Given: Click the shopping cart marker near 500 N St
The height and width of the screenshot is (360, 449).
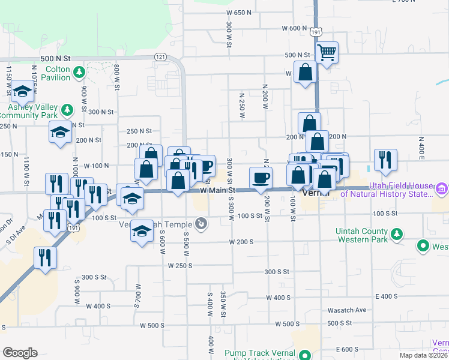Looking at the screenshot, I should [327, 52].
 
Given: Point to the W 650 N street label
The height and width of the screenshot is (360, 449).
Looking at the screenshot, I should [238, 13].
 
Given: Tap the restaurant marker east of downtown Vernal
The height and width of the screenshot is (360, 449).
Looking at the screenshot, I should [385, 160].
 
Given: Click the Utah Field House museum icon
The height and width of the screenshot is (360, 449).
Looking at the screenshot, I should [442, 190].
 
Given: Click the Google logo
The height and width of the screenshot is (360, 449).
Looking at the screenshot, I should [20, 353].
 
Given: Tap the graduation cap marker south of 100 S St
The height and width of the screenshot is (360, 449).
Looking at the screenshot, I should [142, 231].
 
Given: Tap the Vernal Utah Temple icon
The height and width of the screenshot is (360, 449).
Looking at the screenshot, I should [201, 224].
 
